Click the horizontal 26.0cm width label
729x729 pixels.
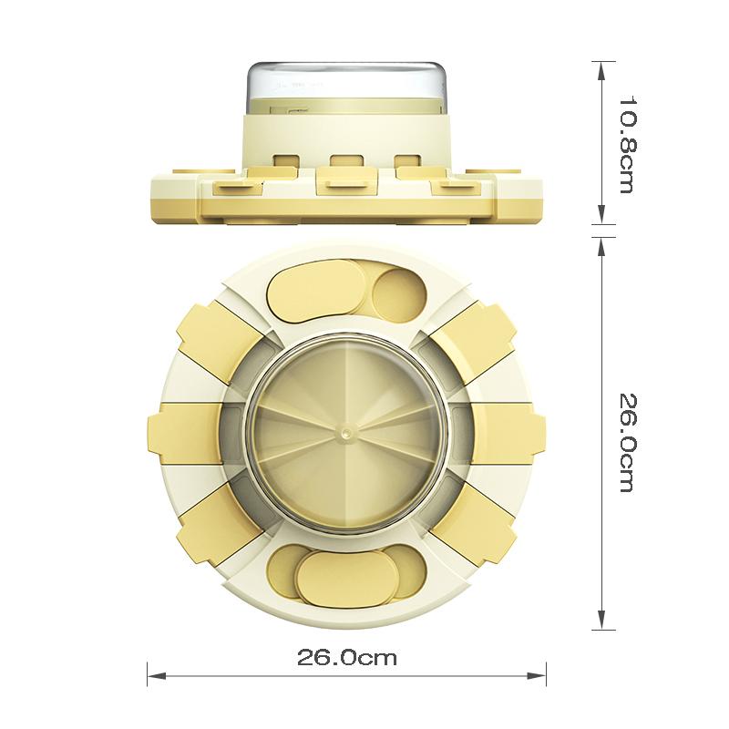(347, 658)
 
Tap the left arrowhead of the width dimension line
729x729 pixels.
(156, 675)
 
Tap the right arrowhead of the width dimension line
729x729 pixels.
(537, 675)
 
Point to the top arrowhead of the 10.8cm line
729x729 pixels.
(601, 71)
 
